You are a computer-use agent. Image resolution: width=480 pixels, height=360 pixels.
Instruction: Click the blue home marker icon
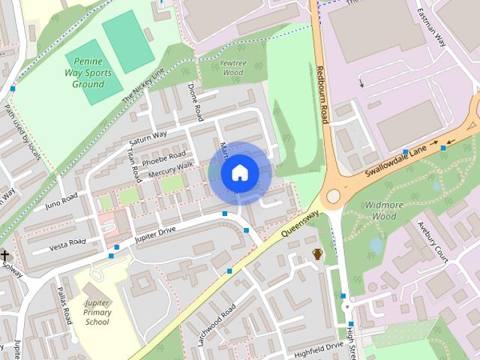tap(239, 173)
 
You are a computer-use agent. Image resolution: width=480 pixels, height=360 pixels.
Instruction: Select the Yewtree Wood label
tap(233, 68)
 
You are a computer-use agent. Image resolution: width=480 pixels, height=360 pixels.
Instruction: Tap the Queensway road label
tap(301, 223)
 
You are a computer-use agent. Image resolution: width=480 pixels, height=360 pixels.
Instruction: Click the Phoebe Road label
tap(168, 158)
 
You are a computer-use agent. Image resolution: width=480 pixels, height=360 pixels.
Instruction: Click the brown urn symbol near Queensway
tap(318, 254)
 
